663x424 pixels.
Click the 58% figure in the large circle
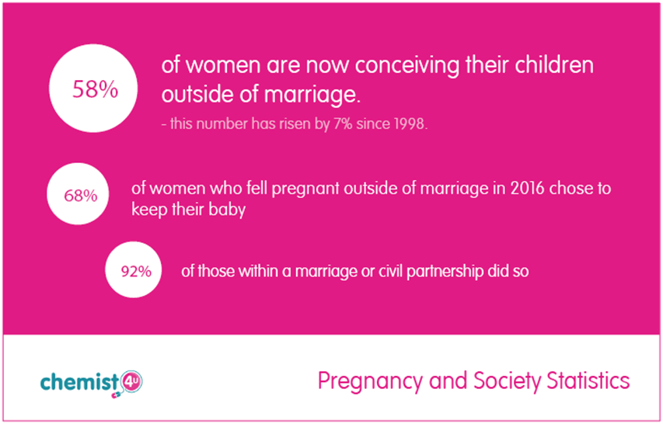[95, 89]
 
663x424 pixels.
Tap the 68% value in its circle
[80, 196]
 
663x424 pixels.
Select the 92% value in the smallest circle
[136, 272]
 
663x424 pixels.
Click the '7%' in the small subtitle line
[343, 125]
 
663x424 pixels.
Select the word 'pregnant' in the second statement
[305, 189]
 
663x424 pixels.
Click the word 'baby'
[229, 210]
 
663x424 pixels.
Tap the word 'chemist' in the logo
[79, 381]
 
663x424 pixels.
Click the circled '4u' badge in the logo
[131, 382]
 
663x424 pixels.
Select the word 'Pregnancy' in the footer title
[371, 382]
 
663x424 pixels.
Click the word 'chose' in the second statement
[567, 188]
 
